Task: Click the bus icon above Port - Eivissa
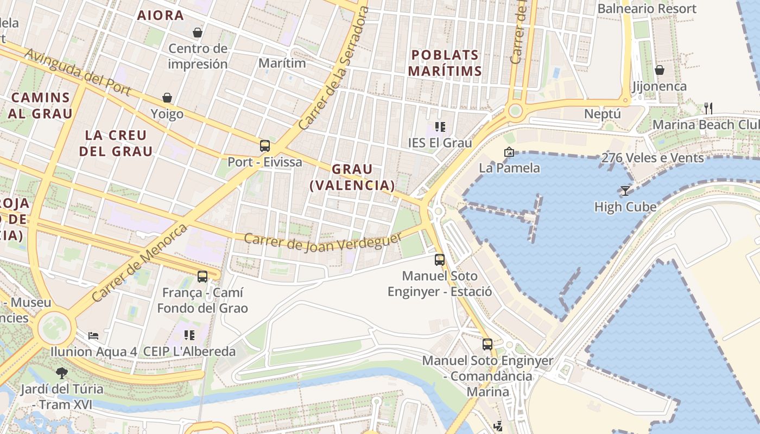[265, 145]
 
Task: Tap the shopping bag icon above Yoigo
[167, 98]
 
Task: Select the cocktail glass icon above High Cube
[625, 190]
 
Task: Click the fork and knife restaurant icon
[708, 108]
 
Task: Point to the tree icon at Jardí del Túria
[62, 373]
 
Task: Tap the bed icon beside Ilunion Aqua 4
[93, 336]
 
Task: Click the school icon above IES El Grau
[440, 127]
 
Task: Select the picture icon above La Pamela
[509, 152]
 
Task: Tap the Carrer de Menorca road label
[140, 263]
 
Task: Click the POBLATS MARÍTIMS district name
[445, 63]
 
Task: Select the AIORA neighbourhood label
[161, 16]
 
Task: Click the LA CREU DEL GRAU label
[116, 143]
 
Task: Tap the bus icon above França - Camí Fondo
[202, 276]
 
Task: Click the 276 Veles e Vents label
[653, 158]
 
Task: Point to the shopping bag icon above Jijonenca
[660, 70]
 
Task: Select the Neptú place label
[603, 114]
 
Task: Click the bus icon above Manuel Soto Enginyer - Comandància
[487, 344]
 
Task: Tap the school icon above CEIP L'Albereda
[189, 335]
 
